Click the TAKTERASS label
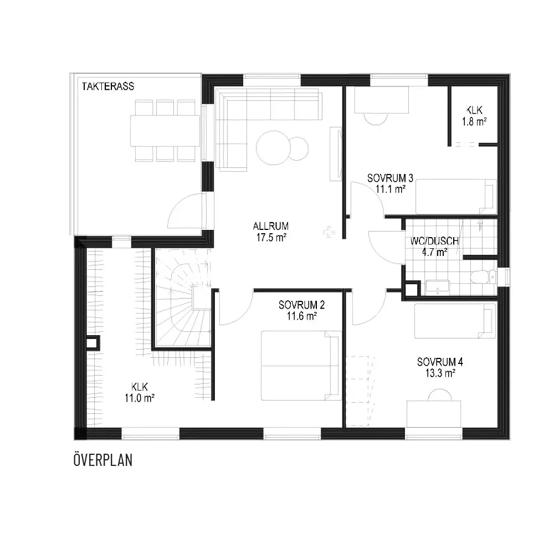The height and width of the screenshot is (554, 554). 108,86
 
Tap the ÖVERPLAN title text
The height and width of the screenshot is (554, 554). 103,460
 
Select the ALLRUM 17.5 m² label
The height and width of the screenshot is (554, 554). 271,232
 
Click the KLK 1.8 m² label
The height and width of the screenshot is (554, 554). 474,116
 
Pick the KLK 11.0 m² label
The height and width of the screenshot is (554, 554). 140,392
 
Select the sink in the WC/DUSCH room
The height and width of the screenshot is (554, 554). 438,287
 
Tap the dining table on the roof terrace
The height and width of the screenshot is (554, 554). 165,131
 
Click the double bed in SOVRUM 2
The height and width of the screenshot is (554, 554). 301,366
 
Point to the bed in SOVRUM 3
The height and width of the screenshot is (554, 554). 456,197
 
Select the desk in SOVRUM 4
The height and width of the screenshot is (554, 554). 434,414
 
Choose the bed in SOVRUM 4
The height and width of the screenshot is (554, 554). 455,320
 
